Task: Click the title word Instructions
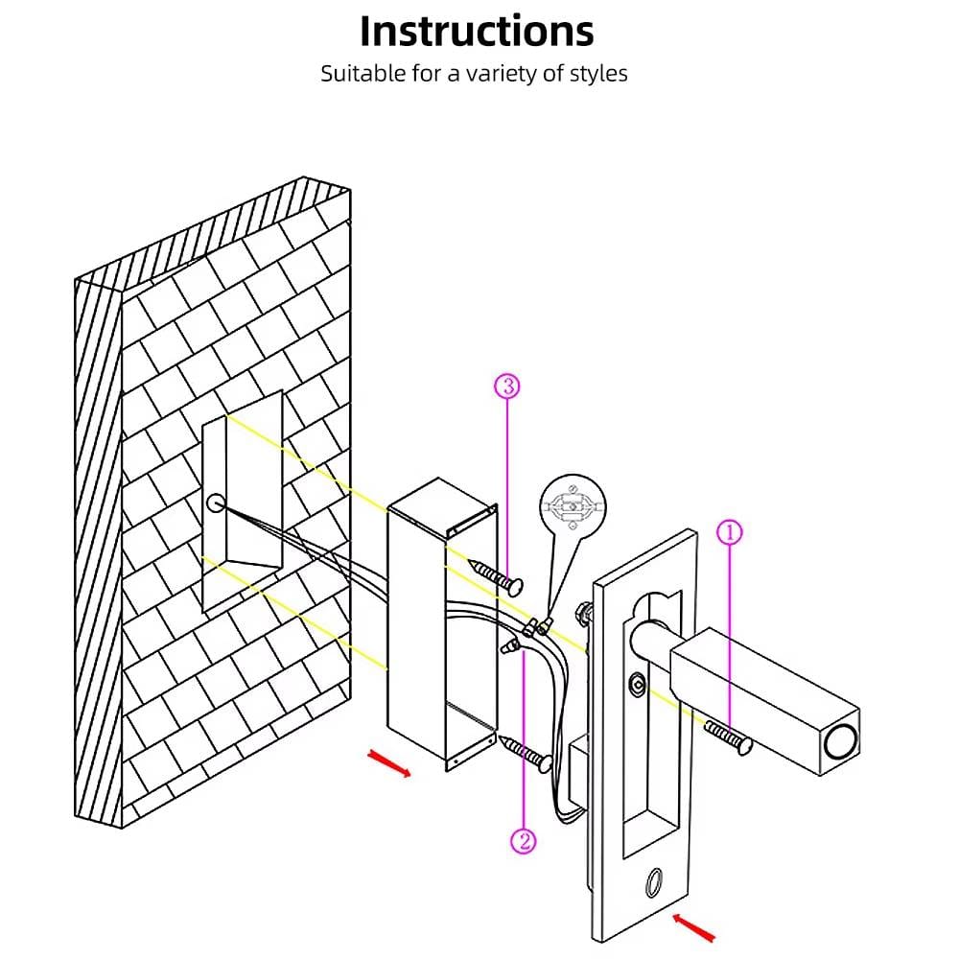point(477,31)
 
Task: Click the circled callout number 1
point(731,532)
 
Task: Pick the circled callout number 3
point(507,386)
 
